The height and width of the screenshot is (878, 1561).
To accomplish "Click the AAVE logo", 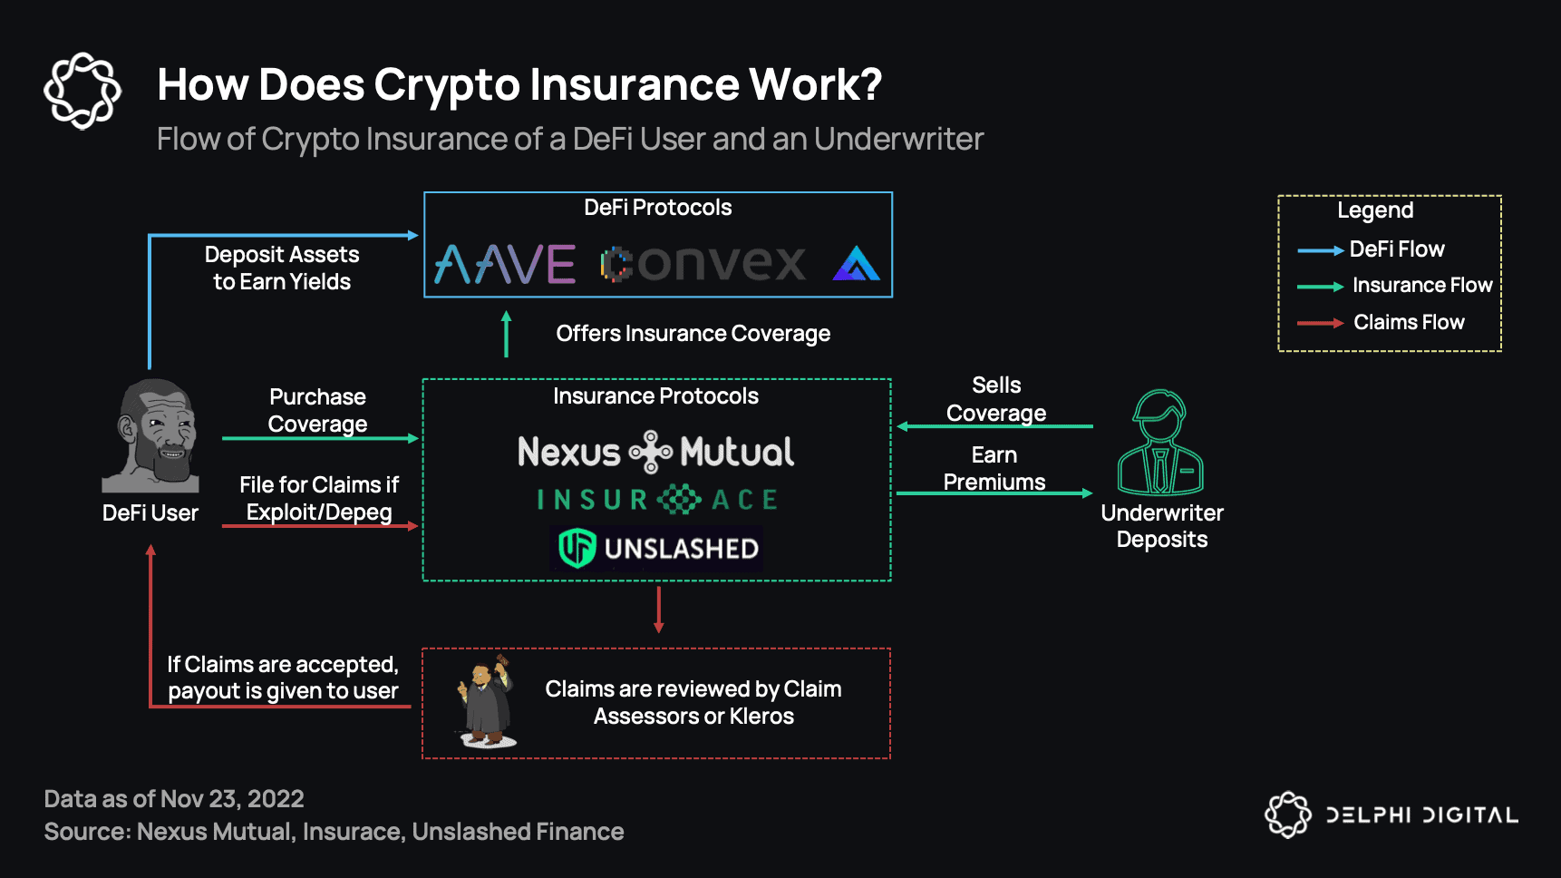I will point(505,264).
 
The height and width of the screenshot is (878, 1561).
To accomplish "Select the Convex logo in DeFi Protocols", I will point(703,264).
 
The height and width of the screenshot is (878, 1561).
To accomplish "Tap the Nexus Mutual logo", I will point(655,452).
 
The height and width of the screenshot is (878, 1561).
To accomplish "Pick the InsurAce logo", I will point(657,500).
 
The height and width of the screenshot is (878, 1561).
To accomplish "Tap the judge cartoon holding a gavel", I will point(486,702).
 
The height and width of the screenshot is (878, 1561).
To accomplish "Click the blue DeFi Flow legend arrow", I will point(1320,250).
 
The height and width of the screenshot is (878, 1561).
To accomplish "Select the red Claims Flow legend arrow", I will point(1320,323).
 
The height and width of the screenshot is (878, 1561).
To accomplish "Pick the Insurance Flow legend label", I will point(1421,286).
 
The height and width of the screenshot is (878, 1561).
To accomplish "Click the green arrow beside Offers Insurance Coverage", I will point(507,334).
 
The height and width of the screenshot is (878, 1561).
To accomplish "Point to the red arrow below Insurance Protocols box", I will point(659,610).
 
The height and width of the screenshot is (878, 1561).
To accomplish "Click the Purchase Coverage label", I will point(317,410).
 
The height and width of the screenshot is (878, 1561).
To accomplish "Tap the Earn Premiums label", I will point(994,468).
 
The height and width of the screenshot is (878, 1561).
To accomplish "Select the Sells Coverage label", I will point(996,399).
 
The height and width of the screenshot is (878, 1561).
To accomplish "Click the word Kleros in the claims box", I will point(761,717).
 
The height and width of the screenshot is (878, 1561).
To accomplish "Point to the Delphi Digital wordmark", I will point(1421,815).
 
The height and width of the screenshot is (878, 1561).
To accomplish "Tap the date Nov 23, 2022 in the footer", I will point(232,799).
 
